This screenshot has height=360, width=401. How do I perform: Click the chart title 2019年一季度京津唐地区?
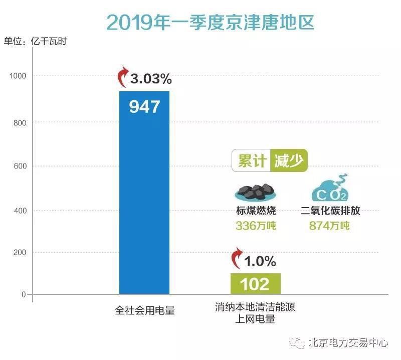point(210,23)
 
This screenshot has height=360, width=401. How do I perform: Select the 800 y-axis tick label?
point(19,122)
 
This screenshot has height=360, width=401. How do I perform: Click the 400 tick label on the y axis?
point(19,211)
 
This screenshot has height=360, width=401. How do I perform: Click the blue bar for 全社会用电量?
point(144,201)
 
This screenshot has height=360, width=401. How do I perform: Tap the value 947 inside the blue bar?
point(144,107)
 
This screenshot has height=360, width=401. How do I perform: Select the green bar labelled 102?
point(255,284)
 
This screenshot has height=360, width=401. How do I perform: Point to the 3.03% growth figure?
point(151,79)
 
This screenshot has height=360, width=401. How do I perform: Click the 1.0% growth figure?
point(260,261)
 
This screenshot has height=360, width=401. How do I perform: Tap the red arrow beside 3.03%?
point(122,78)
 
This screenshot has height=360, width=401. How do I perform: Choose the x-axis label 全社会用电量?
point(145,310)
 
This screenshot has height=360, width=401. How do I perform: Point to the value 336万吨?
point(256,226)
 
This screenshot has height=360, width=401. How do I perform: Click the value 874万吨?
point(329,226)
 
